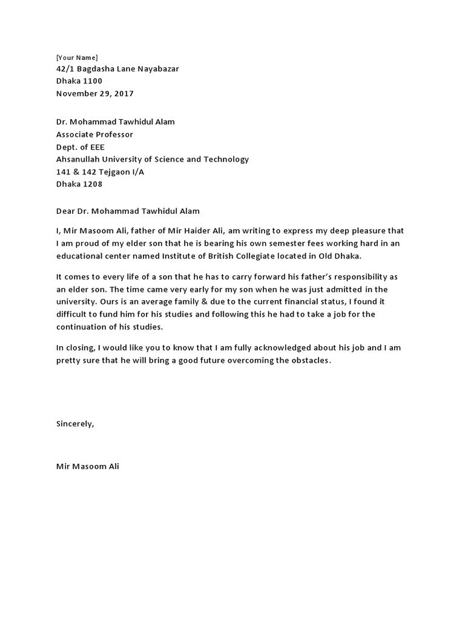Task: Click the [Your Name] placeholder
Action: pos(76,57)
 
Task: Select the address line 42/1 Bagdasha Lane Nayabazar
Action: pos(117,69)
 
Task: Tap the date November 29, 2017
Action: pos(94,94)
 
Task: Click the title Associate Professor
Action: pos(94,134)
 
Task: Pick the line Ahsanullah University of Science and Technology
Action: pos(152,159)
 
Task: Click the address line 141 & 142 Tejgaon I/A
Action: pos(100,172)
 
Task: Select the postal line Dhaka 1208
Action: pos(79,184)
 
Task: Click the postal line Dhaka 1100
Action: pos(79,81)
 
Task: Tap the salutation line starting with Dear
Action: pos(127,211)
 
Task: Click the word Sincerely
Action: pos(75,424)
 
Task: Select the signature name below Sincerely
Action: pos(88,467)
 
